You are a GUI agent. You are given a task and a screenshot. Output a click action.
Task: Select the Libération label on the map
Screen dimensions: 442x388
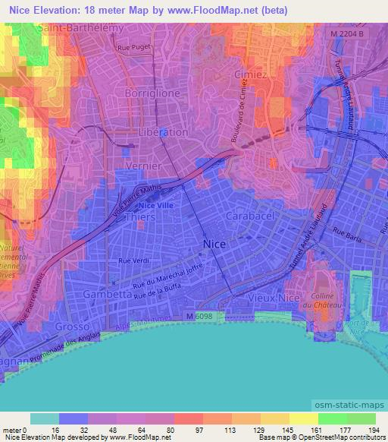(x=164, y=131)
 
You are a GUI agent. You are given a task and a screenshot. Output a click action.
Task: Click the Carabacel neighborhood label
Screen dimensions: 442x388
(x=249, y=216)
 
